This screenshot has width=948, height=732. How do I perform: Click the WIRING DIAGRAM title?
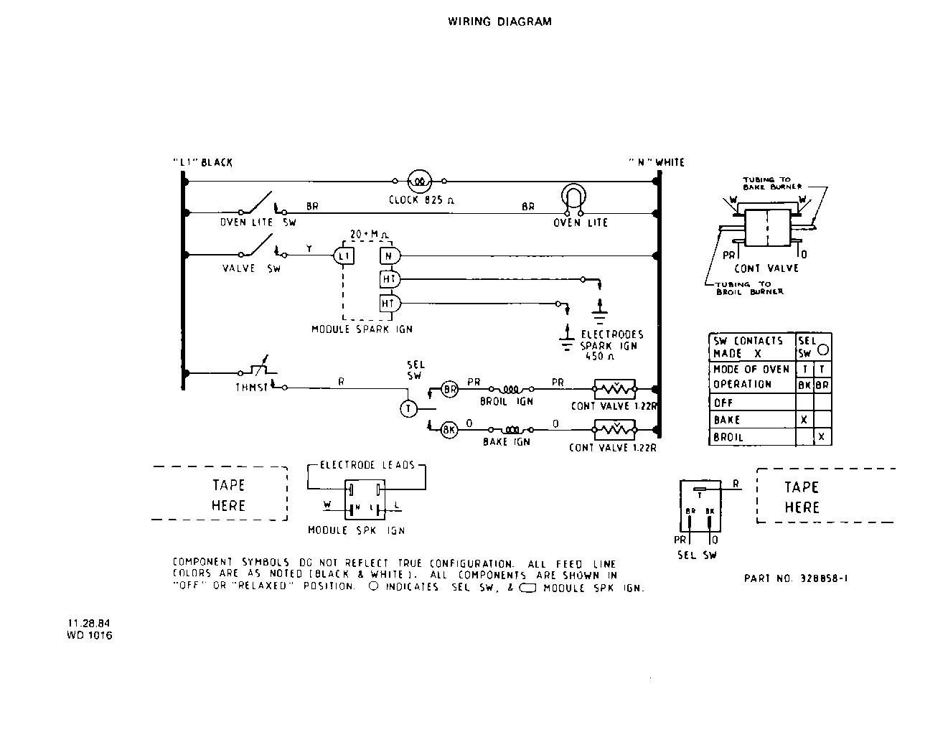(499, 22)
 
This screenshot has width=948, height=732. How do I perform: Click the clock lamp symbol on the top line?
(418, 182)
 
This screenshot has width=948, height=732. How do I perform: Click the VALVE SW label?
(251, 268)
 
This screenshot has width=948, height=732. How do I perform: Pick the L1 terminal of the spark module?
(342, 255)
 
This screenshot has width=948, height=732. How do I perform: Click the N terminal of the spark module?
(388, 255)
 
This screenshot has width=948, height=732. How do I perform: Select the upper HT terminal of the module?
(388, 279)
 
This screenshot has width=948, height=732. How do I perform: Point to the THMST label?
(252, 388)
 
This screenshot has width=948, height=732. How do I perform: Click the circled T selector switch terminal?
(408, 408)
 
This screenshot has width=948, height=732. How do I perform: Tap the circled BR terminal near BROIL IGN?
(449, 389)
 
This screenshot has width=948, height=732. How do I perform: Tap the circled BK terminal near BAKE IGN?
(449, 430)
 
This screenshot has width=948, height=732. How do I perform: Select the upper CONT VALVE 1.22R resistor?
(614, 389)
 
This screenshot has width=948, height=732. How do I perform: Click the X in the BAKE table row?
(803, 420)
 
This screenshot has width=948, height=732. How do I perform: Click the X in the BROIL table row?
(822, 436)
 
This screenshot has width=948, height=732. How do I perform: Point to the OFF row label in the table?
(723, 403)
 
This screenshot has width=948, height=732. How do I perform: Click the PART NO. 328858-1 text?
(796, 578)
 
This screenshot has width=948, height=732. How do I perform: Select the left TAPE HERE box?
(220, 494)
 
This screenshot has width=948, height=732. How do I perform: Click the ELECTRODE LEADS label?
(367, 465)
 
